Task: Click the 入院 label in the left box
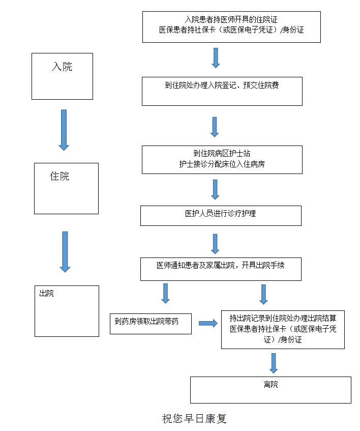point(62,67)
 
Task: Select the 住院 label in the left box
point(59,177)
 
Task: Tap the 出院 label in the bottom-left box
point(46,294)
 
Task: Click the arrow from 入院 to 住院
point(64,130)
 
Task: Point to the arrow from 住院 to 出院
point(65,251)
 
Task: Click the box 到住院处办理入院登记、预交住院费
point(222,91)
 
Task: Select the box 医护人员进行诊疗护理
point(221,215)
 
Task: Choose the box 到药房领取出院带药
point(151,324)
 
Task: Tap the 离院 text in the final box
point(271,385)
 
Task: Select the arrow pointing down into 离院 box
point(274,363)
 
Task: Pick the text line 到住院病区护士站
point(221,153)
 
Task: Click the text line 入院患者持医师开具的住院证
point(231,19)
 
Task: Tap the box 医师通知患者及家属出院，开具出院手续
point(221,269)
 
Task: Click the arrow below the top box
point(216,58)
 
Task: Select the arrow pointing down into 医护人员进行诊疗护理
point(215,189)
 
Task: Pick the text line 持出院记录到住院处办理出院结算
point(283,319)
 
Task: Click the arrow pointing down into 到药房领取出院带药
point(165,293)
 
